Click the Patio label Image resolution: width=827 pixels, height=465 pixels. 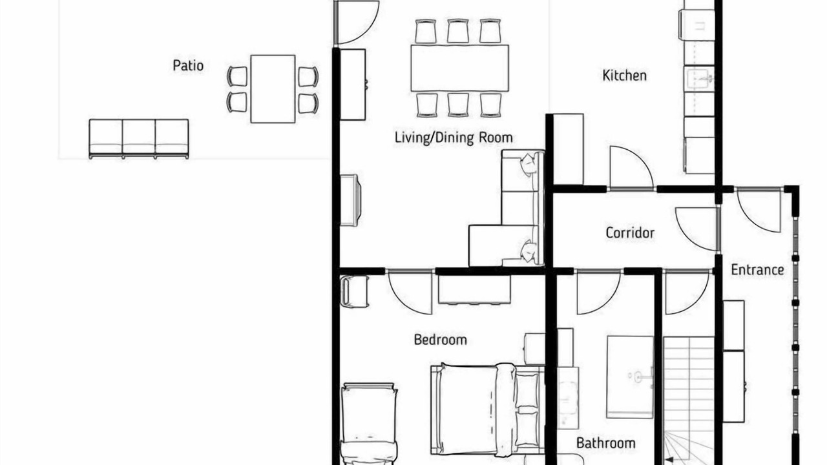pyautogui.click(x=188, y=66)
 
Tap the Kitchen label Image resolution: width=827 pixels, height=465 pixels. pyautogui.click(x=624, y=76)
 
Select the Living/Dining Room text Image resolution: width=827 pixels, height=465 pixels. pyautogui.click(x=454, y=138)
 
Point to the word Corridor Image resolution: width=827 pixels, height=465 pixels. pyautogui.click(x=630, y=232)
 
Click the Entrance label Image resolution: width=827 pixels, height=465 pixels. pyautogui.click(x=757, y=270)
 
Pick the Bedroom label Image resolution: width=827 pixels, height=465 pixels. pyautogui.click(x=440, y=340)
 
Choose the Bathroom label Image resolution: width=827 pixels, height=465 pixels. pyautogui.click(x=606, y=443)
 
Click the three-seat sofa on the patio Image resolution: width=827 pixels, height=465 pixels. pyautogui.click(x=139, y=139)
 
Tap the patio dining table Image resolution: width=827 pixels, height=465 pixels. pyautogui.click(x=273, y=89)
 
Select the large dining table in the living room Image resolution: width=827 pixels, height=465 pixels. pyautogui.click(x=459, y=68)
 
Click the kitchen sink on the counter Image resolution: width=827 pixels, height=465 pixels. pyautogui.click(x=699, y=79)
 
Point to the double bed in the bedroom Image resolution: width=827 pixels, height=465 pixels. pyautogui.click(x=487, y=409)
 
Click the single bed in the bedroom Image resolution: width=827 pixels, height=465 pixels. pyautogui.click(x=369, y=424)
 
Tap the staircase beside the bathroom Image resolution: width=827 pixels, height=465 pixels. pyautogui.click(x=689, y=400)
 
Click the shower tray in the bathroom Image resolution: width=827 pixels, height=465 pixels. pyautogui.click(x=630, y=377)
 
